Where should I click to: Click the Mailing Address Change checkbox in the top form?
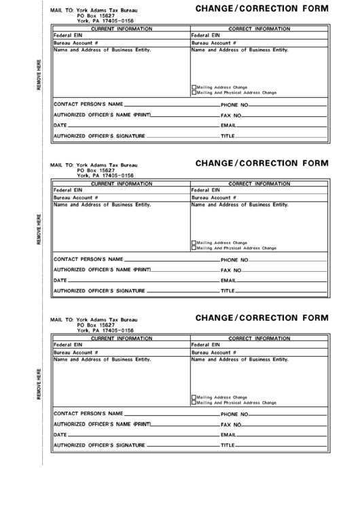tap(194, 88)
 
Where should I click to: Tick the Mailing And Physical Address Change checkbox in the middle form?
tap(194, 248)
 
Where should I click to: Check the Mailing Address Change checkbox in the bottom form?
tap(194, 397)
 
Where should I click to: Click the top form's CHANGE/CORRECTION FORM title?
tap(262, 9)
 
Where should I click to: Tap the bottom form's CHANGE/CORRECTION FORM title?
tap(262, 317)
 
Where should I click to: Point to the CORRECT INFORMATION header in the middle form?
tap(259, 183)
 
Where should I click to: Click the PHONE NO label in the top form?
tap(234, 105)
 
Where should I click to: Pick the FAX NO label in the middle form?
tap(232, 270)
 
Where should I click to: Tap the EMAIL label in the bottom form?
tap(228, 435)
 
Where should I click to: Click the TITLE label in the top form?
tap(227, 137)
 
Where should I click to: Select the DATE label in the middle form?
tap(60, 281)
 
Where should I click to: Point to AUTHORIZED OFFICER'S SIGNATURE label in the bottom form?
tap(98, 446)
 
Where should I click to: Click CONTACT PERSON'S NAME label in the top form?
tap(88, 105)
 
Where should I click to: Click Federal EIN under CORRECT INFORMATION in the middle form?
tap(206, 190)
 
